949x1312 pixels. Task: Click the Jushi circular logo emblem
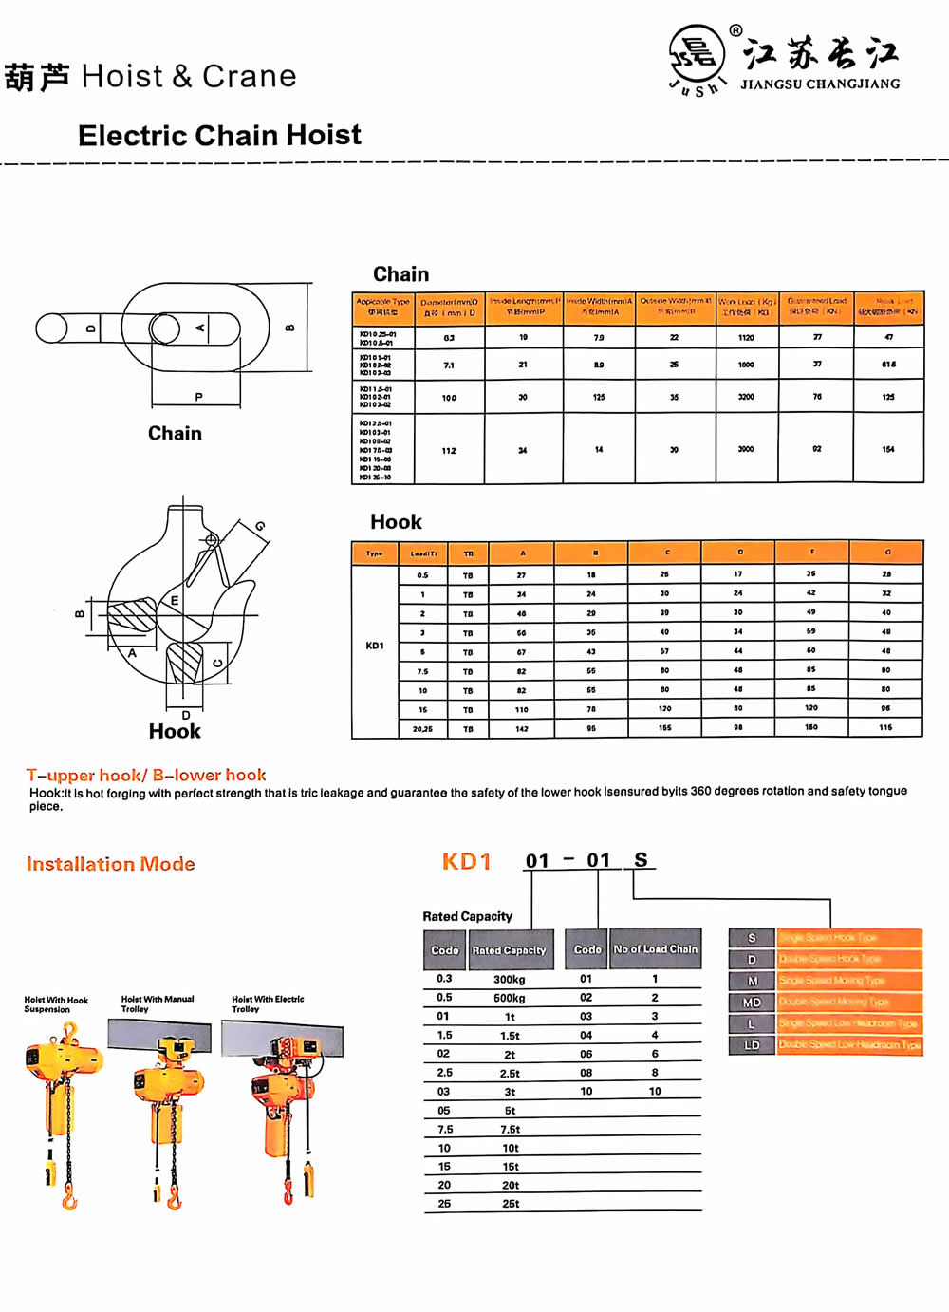[698, 55]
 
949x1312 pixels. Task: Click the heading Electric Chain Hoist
[219, 136]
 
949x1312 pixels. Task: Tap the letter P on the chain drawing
[198, 397]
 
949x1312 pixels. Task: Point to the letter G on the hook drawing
[260, 526]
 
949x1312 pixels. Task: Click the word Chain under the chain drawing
[175, 434]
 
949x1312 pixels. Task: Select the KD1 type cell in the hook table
[375, 647]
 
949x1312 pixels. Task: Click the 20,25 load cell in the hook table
[422, 729]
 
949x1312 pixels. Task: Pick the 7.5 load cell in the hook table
[422, 671]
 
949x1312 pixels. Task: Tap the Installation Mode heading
[111, 864]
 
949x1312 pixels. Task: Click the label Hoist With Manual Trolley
[158, 1003]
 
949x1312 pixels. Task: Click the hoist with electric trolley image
[285, 1111]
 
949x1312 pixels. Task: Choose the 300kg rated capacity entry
[510, 980]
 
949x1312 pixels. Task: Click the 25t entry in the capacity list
[511, 1204]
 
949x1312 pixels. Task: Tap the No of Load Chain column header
[655, 949]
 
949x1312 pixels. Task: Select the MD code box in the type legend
[752, 1003]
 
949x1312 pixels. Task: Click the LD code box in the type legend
[752, 1045]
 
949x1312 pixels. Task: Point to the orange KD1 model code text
[467, 862]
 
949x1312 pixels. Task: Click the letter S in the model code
[642, 860]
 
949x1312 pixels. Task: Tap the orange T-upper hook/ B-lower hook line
[146, 776]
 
